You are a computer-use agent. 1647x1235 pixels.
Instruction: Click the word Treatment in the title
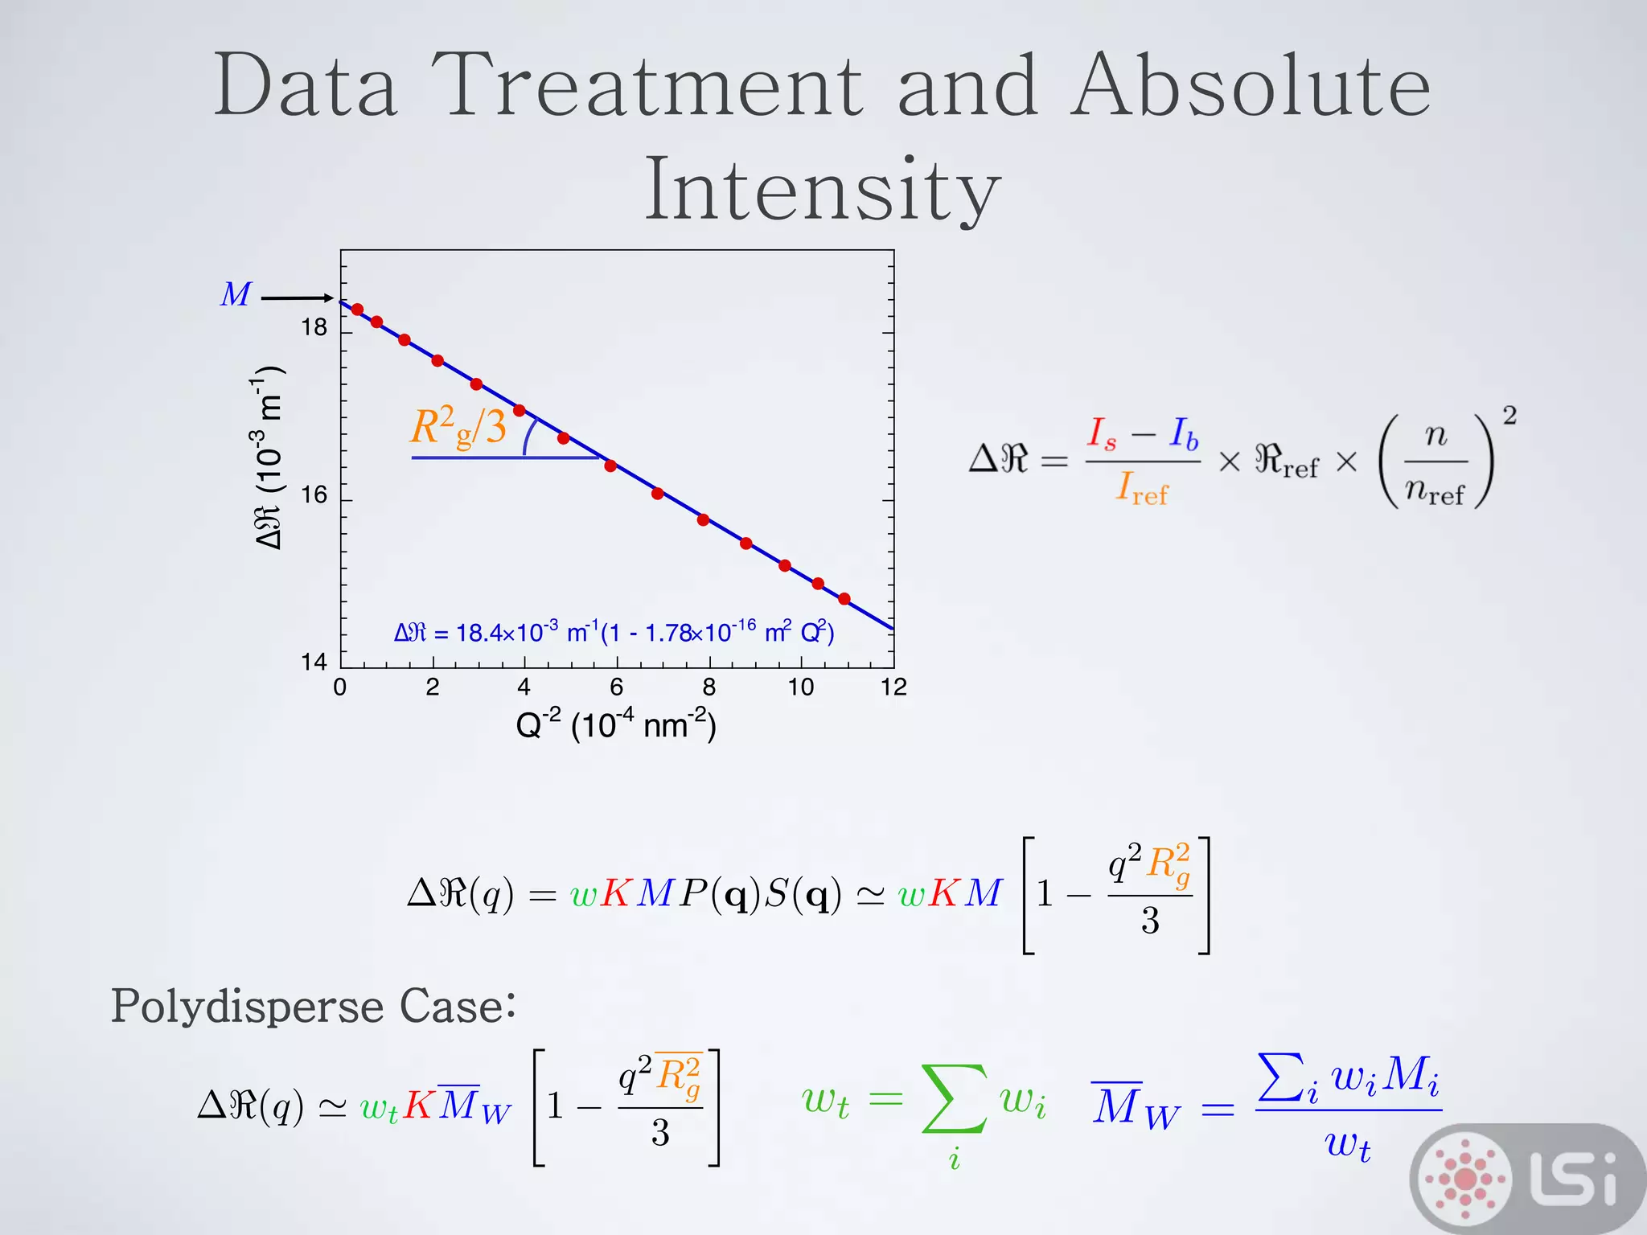pyautogui.click(x=647, y=87)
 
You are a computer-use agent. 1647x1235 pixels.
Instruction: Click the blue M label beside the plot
pyautogui.click(x=236, y=295)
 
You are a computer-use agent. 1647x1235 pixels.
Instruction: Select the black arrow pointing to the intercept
pyautogui.click(x=297, y=298)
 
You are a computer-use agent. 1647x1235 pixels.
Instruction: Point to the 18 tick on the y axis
pyautogui.click(x=314, y=328)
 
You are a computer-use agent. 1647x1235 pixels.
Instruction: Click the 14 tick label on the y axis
pyautogui.click(x=314, y=663)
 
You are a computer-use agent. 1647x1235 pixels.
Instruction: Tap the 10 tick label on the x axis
pyautogui.click(x=801, y=687)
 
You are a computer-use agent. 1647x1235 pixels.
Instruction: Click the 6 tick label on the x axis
pyautogui.click(x=617, y=687)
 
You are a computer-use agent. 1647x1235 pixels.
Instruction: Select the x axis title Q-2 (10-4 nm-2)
pyautogui.click(x=616, y=725)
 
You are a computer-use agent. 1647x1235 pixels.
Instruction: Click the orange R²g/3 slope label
pyautogui.click(x=458, y=428)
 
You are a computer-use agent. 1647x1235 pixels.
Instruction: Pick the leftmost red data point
pyautogui.click(x=358, y=310)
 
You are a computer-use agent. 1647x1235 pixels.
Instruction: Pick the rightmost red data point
pyautogui.click(x=844, y=599)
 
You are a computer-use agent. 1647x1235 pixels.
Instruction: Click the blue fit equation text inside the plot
pyautogui.click(x=614, y=633)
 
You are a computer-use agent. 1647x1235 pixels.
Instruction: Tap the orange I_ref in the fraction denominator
pyautogui.click(x=1141, y=489)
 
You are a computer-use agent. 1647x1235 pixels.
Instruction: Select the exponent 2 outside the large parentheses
pyautogui.click(x=1509, y=416)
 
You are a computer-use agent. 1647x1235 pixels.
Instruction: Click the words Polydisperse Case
pyautogui.click(x=313, y=1006)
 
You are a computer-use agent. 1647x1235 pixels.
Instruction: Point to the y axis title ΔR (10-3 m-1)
pyautogui.click(x=268, y=458)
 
